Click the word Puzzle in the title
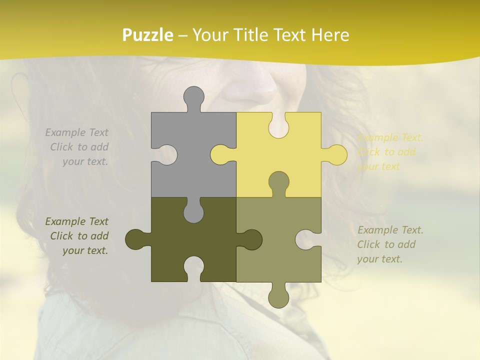[148, 35]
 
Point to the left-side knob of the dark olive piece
[135, 239]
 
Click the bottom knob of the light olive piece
[278, 297]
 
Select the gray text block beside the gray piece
[78, 147]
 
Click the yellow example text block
[390, 152]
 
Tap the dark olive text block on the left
[78, 236]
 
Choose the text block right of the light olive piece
[390, 244]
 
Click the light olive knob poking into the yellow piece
[278, 182]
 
